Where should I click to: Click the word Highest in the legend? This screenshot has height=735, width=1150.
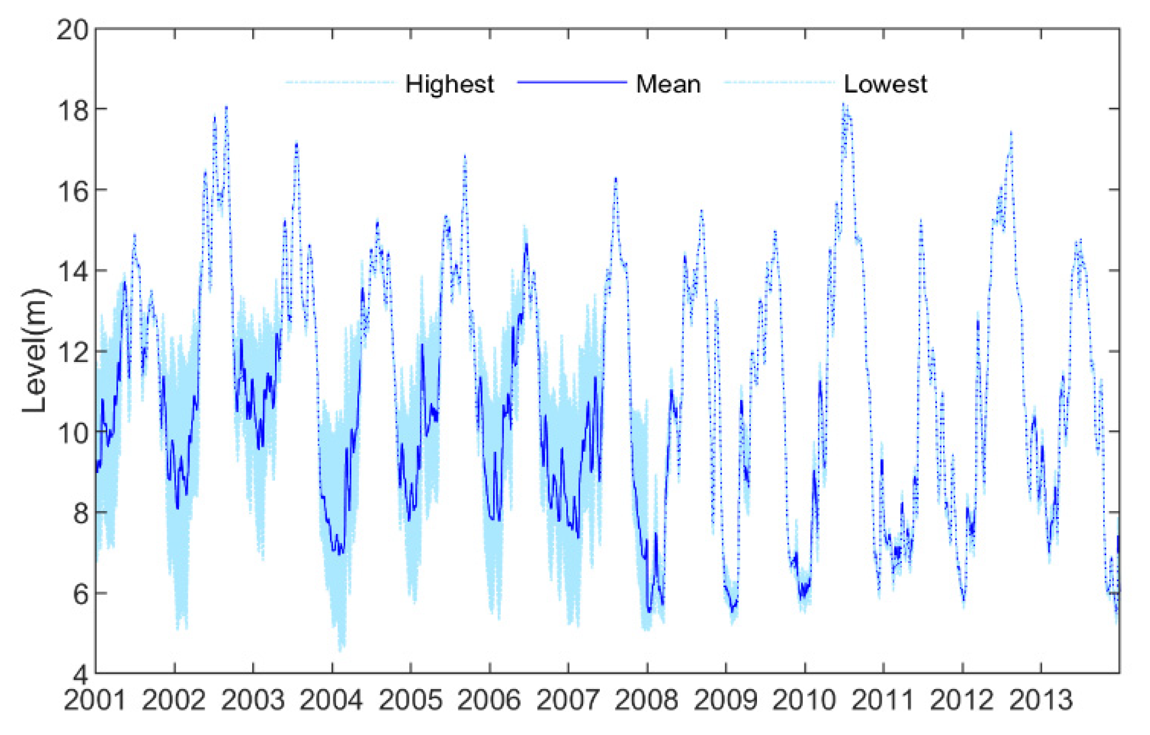click(x=449, y=85)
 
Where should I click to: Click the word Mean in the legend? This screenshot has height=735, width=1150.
click(x=668, y=85)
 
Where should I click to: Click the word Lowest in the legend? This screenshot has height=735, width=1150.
click(x=885, y=85)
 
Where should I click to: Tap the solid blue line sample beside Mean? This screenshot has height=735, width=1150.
click(x=572, y=83)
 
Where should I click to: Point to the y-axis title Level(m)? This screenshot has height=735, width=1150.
click(x=35, y=351)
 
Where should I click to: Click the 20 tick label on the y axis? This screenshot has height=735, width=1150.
click(x=72, y=30)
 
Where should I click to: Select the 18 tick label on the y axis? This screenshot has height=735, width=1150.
click(x=72, y=110)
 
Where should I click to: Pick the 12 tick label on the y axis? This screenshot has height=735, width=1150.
click(x=72, y=352)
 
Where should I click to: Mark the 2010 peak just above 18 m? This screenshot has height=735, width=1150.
click(x=844, y=104)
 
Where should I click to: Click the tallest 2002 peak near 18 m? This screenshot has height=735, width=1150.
click(x=226, y=107)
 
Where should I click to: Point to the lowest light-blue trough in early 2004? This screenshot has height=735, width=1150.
click(x=340, y=650)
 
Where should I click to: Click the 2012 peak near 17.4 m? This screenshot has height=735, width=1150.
click(x=1011, y=133)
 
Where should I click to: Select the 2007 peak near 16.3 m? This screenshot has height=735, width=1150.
click(x=616, y=179)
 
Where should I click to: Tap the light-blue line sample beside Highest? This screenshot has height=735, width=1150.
click(x=340, y=83)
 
